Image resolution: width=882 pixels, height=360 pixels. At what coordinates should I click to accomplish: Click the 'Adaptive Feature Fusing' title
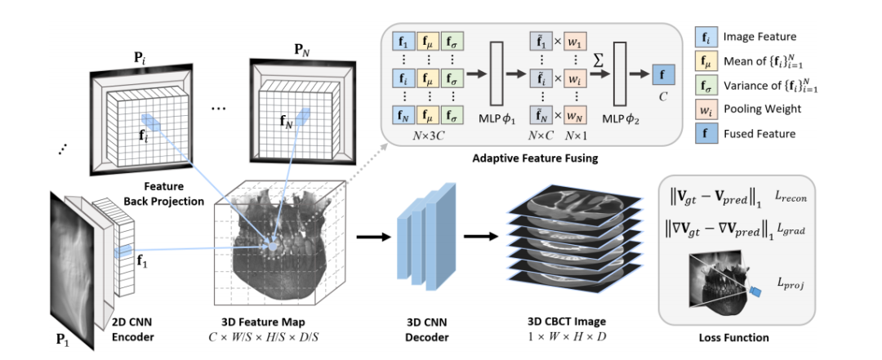[x=536, y=158]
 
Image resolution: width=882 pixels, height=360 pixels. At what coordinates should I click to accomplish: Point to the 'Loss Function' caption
[x=733, y=338]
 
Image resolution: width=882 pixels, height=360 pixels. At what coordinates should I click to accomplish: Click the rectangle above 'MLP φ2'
[x=620, y=73]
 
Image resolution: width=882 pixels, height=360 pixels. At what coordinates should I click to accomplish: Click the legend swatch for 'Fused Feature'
[x=706, y=134]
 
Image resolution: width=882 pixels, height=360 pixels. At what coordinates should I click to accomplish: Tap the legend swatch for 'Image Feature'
[x=706, y=38]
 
